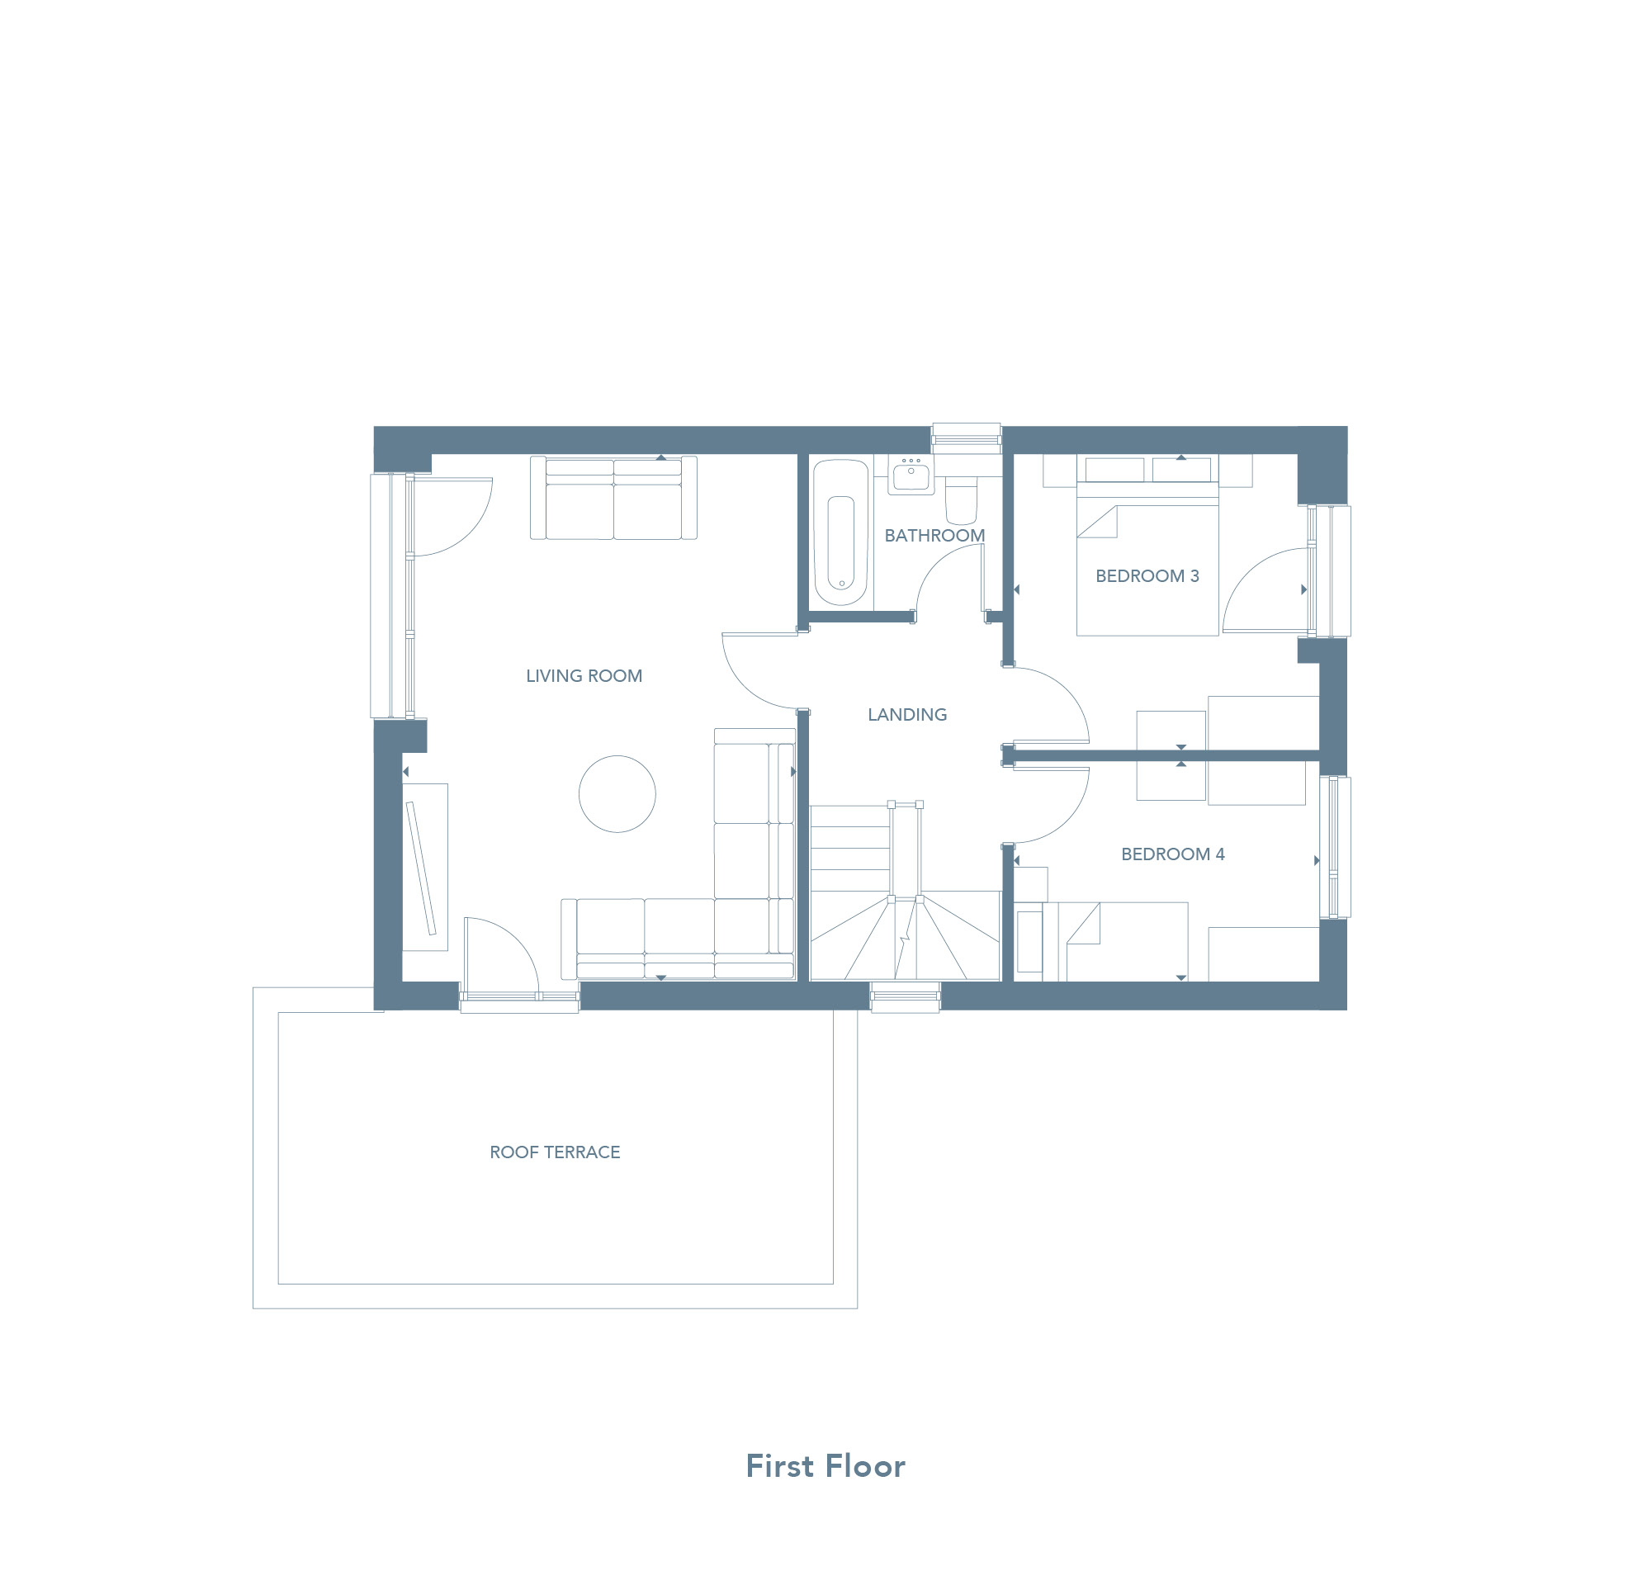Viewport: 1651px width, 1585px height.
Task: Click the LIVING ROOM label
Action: [x=584, y=675]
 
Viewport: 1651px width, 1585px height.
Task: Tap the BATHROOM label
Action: [x=934, y=535]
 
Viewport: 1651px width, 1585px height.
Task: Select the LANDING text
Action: [x=907, y=714]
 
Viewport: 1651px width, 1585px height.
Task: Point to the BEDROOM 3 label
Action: [x=1147, y=576]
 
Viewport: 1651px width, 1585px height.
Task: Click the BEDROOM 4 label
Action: [x=1172, y=854]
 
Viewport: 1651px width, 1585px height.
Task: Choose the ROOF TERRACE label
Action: [x=555, y=1152]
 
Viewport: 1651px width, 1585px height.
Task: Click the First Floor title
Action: [x=825, y=1466]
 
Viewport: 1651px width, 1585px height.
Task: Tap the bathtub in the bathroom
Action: [x=840, y=532]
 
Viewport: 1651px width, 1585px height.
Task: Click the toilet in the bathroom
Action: [x=961, y=499]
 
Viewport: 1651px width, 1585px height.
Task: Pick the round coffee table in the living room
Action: [x=617, y=794]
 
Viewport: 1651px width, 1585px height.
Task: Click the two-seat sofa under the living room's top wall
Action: [x=613, y=498]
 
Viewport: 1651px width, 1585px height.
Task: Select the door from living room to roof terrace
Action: [x=501, y=955]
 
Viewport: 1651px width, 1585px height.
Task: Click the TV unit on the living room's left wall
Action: [x=424, y=868]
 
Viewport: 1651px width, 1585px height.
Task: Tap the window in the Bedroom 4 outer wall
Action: [x=1334, y=846]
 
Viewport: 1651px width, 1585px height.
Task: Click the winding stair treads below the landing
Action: [x=905, y=936]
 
